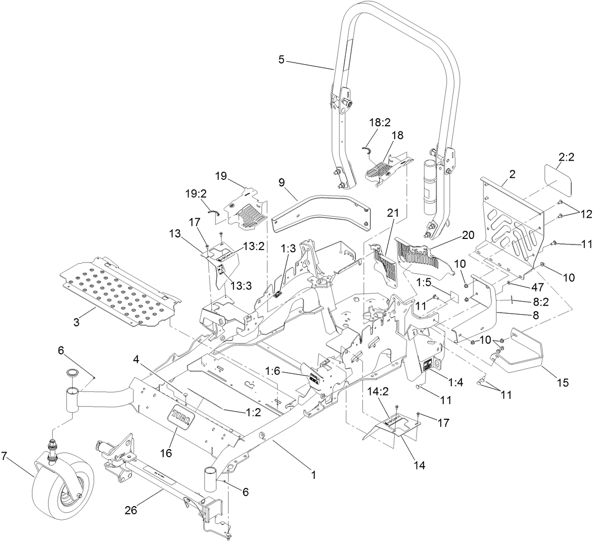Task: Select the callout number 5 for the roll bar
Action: point(282,59)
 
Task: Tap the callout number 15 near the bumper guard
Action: point(563,383)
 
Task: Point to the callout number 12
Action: point(585,214)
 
